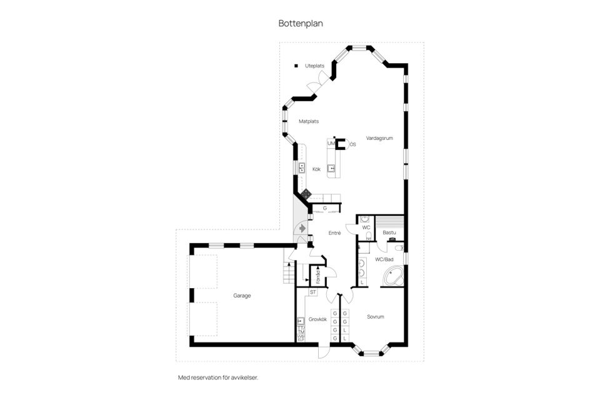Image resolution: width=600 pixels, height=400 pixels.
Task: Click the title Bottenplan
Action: [x=301, y=23]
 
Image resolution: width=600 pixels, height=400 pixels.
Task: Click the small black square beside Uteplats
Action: [x=297, y=65]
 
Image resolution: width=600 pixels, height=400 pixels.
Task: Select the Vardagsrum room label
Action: [x=379, y=138]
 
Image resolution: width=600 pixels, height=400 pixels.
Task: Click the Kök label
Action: [x=316, y=169]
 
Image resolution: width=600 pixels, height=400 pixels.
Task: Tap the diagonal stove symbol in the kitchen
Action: [x=306, y=194]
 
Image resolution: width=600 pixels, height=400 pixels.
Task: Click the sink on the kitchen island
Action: [x=332, y=167]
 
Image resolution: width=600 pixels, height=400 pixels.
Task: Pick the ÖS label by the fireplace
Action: [x=352, y=144]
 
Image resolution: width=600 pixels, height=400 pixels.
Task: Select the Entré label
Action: [x=334, y=233]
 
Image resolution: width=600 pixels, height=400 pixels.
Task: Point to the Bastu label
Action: [x=389, y=232]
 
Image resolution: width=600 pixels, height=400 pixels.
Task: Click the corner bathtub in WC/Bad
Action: [x=392, y=276]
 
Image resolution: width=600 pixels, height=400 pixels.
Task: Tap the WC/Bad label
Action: [x=384, y=259]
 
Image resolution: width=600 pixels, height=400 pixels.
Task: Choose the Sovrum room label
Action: [x=376, y=317]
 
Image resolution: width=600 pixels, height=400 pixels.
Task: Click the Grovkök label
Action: [x=317, y=319]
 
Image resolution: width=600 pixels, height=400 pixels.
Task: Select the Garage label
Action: [x=242, y=296]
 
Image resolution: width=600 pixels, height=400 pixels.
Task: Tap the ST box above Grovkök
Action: [x=314, y=292]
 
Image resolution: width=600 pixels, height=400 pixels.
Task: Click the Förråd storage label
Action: [x=318, y=276]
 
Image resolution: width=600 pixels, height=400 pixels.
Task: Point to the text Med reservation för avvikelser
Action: [x=218, y=377]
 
